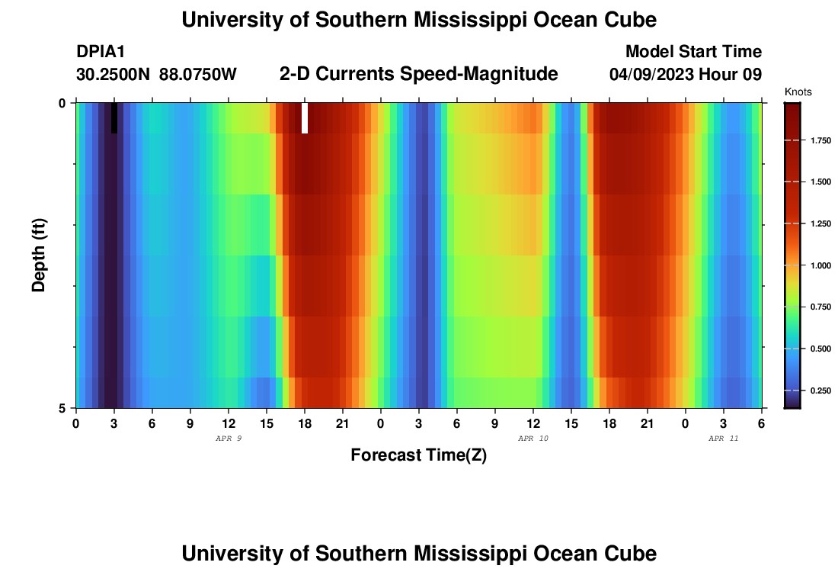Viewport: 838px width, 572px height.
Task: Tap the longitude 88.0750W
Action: click(198, 75)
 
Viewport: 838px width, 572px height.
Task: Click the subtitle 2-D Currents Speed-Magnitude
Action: click(419, 74)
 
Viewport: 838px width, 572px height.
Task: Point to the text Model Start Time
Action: click(693, 52)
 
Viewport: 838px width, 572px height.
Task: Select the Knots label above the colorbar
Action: click(798, 92)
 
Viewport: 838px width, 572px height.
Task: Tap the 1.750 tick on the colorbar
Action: click(818, 141)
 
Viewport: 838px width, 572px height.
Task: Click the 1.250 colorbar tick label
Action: click(818, 224)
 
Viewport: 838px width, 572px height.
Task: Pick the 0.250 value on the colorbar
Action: click(818, 390)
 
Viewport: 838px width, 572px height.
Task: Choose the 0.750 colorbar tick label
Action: click(818, 307)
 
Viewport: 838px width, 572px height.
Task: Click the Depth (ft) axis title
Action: click(40, 255)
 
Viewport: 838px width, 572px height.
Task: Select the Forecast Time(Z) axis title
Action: click(418, 455)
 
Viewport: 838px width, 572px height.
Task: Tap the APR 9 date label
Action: click(229, 439)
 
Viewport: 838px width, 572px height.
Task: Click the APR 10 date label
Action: click(533, 439)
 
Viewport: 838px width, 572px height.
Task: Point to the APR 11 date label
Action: click(723, 439)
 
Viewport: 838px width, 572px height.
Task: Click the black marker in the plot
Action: click(114, 118)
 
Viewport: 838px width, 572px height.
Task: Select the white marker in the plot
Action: click(305, 118)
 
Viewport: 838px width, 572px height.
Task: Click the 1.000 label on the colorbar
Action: click(818, 265)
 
